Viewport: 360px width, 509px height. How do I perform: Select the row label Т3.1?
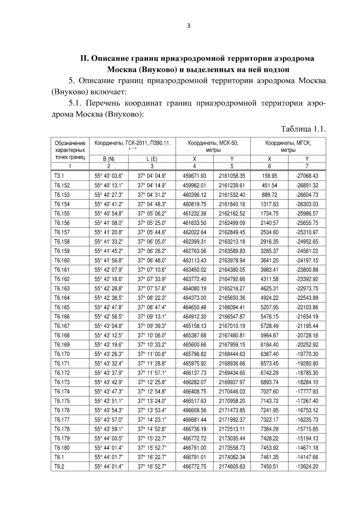59,176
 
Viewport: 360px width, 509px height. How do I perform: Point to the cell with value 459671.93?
195,176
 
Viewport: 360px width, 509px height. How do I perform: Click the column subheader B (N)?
109,159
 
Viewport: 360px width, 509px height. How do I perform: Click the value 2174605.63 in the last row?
232,466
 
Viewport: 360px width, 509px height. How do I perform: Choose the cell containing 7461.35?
269,457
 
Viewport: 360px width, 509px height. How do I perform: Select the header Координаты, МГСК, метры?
288,147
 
